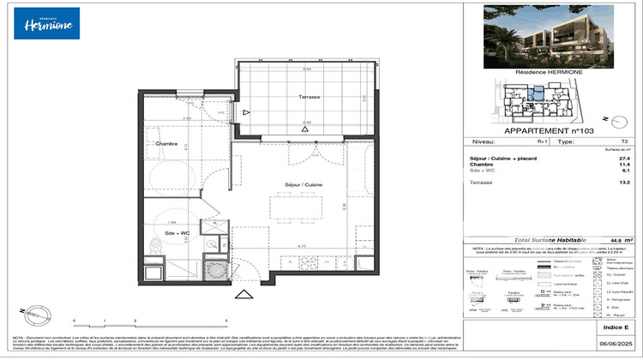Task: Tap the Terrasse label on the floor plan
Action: (309, 97)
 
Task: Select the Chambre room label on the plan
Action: (166, 144)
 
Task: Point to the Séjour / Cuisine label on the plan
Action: (303, 183)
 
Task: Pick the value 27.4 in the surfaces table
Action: (624, 159)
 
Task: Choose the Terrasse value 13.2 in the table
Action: (624, 183)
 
